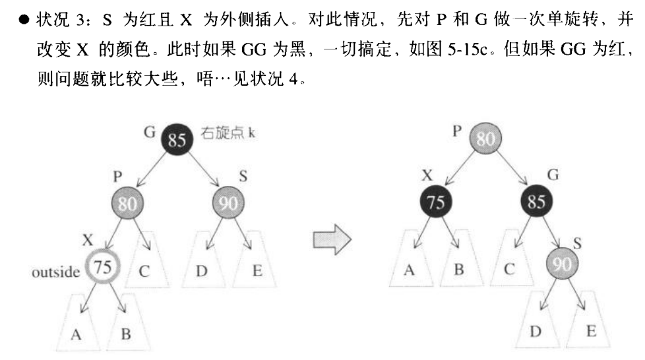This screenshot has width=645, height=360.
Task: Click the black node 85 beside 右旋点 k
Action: click(x=176, y=139)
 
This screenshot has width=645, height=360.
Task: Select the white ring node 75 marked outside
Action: click(x=102, y=268)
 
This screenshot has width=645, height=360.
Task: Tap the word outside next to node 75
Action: click(x=55, y=271)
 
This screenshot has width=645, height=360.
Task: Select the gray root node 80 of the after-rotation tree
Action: click(x=485, y=139)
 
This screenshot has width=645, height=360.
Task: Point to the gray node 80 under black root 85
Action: click(x=127, y=202)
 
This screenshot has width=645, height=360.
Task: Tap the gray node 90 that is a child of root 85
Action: click(x=227, y=202)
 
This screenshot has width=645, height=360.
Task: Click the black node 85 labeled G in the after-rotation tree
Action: click(x=536, y=202)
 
